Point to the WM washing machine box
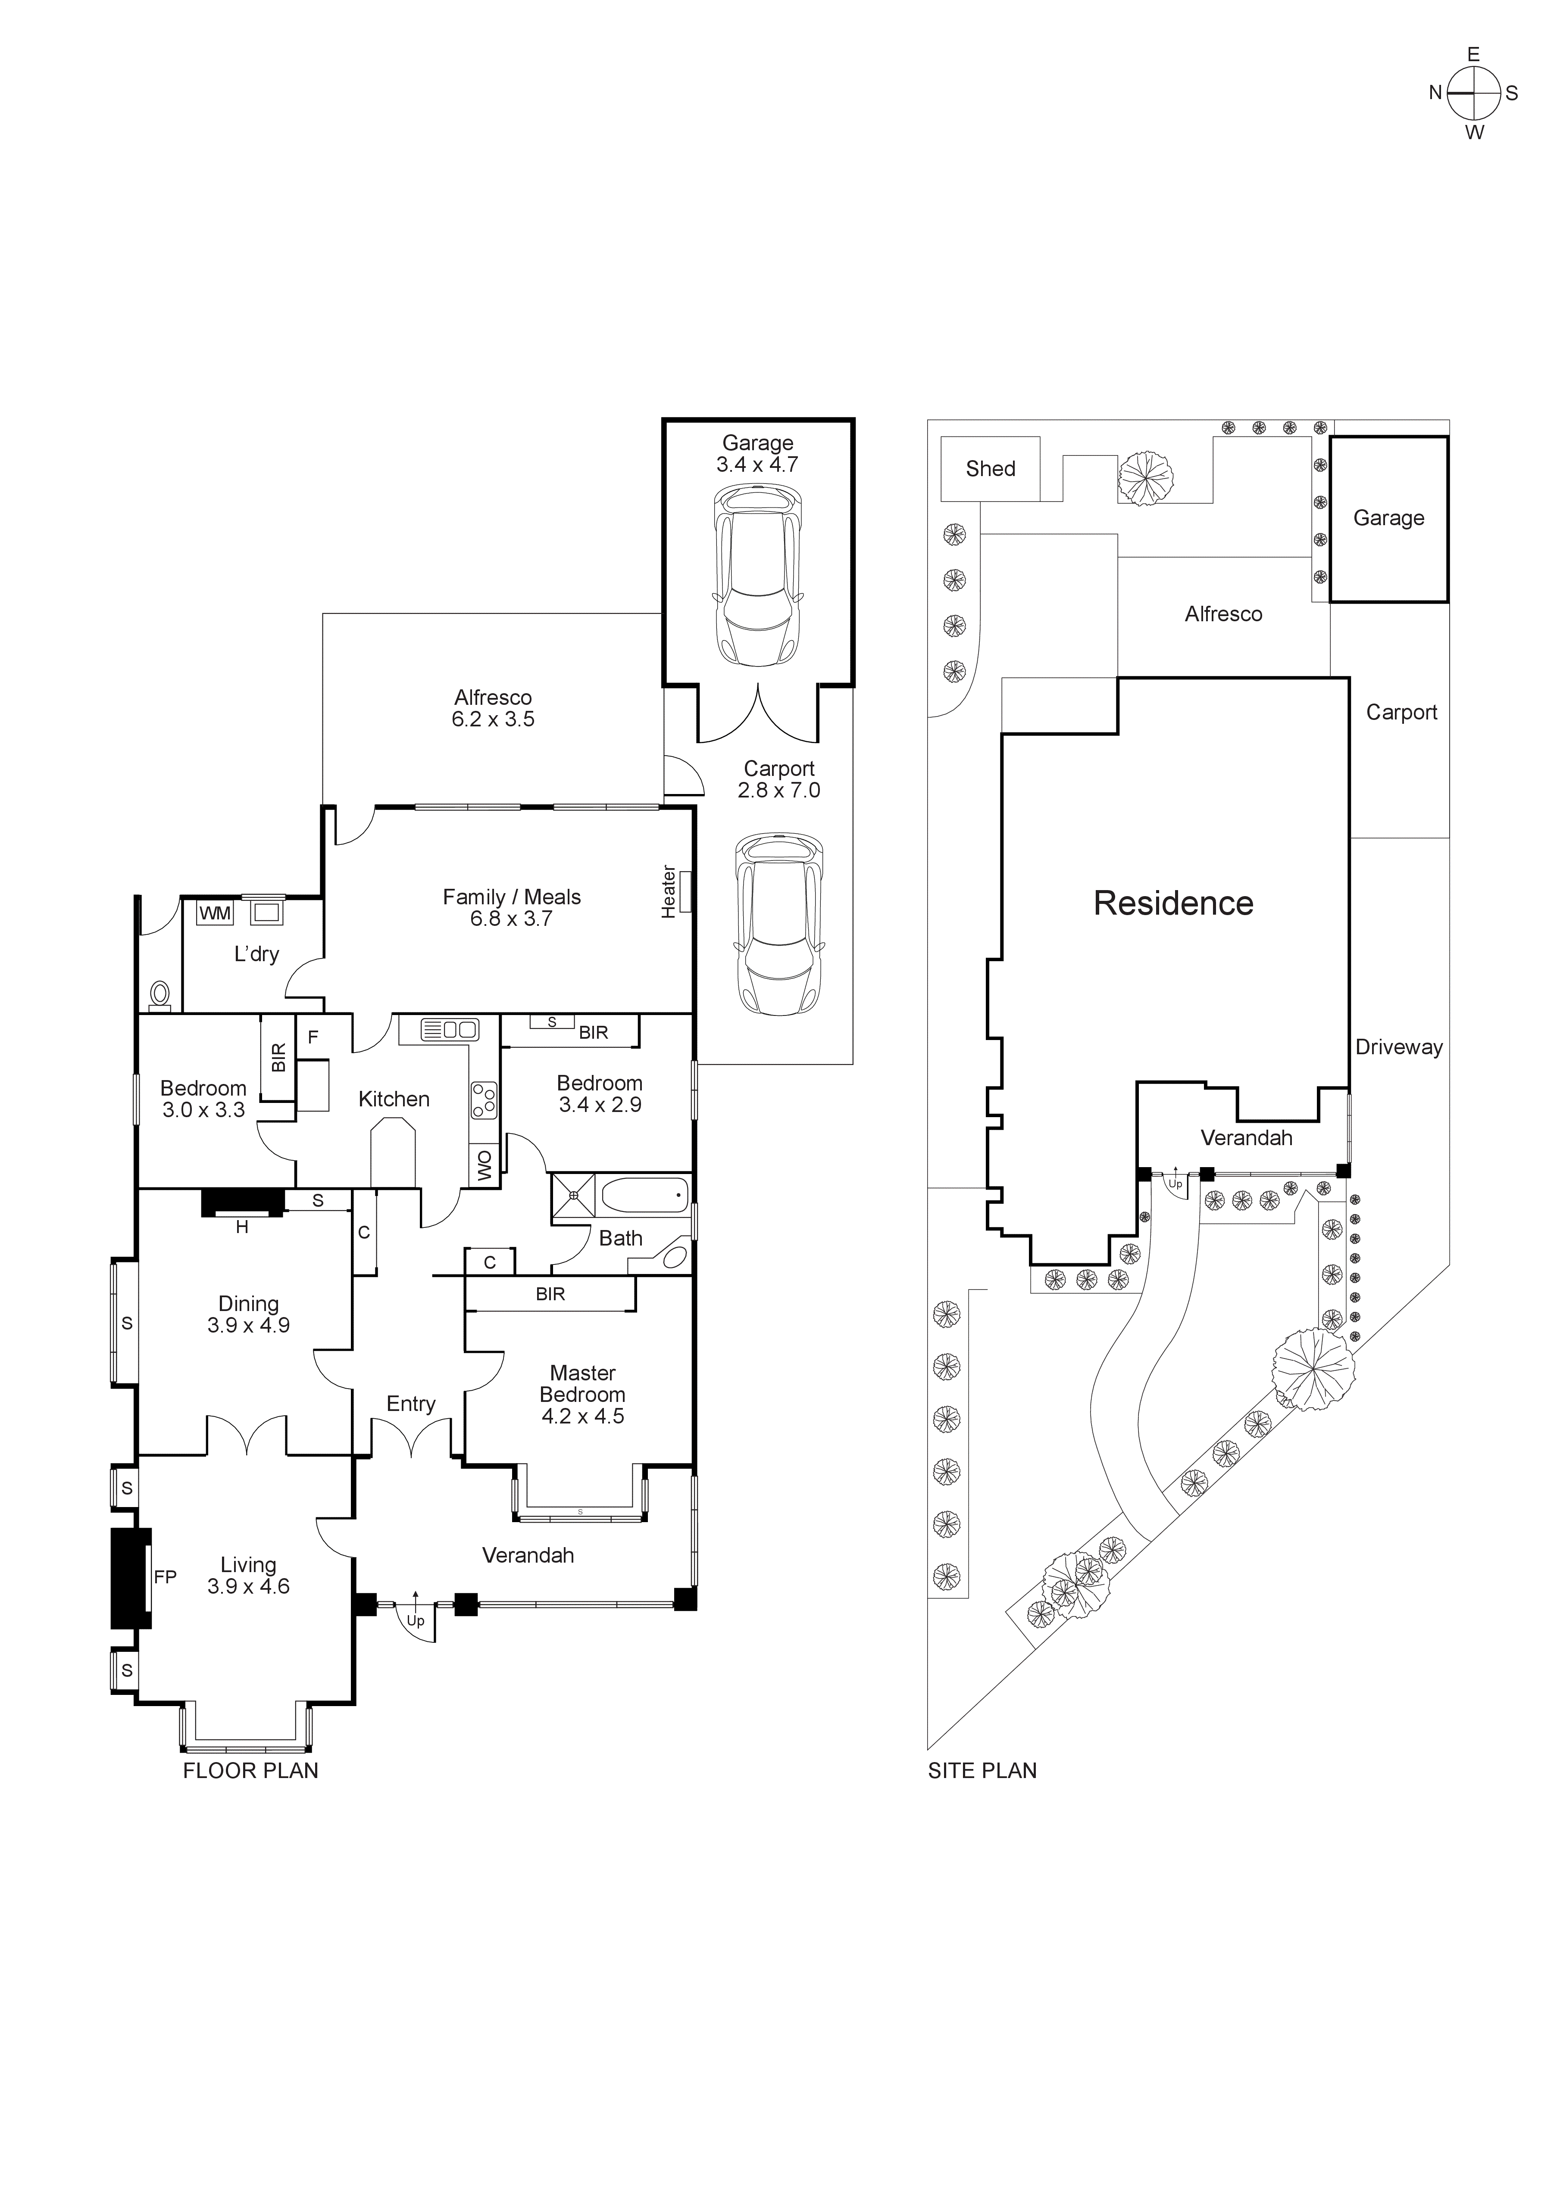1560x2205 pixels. click(215, 913)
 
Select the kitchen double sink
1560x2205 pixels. click(450, 1030)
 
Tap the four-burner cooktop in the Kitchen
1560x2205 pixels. click(484, 1099)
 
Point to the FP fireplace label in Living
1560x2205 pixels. click(165, 1577)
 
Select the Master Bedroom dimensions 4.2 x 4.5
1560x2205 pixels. click(582, 1417)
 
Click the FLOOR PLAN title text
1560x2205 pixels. click(251, 1771)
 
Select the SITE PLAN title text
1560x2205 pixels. click(982, 1771)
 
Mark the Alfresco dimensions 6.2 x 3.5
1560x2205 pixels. click(493, 719)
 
